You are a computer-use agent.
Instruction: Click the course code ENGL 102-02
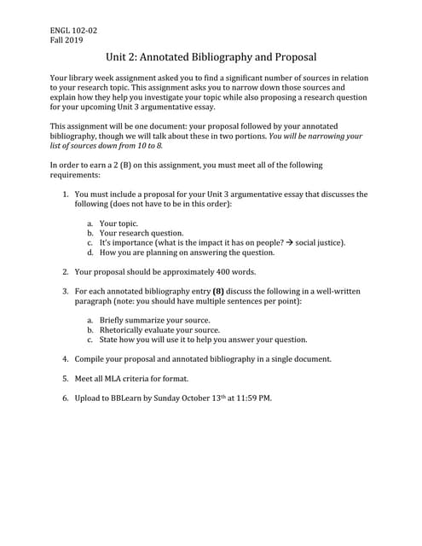[74, 31]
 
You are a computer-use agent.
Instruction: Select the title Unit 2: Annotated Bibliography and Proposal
[211, 58]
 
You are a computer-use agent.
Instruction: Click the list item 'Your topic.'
[119, 223]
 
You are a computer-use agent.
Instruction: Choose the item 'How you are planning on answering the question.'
[187, 253]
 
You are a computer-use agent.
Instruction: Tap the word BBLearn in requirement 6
[129, 398]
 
